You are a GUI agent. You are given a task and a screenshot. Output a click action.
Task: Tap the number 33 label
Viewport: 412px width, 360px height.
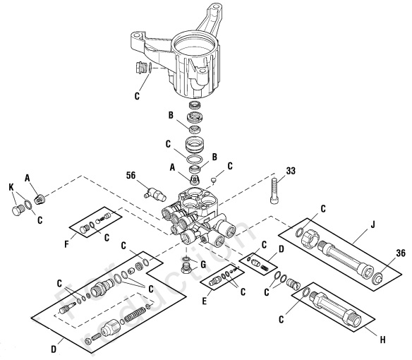pos(272,171)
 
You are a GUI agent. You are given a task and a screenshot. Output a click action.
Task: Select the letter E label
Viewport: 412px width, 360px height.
pos(205,299)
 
